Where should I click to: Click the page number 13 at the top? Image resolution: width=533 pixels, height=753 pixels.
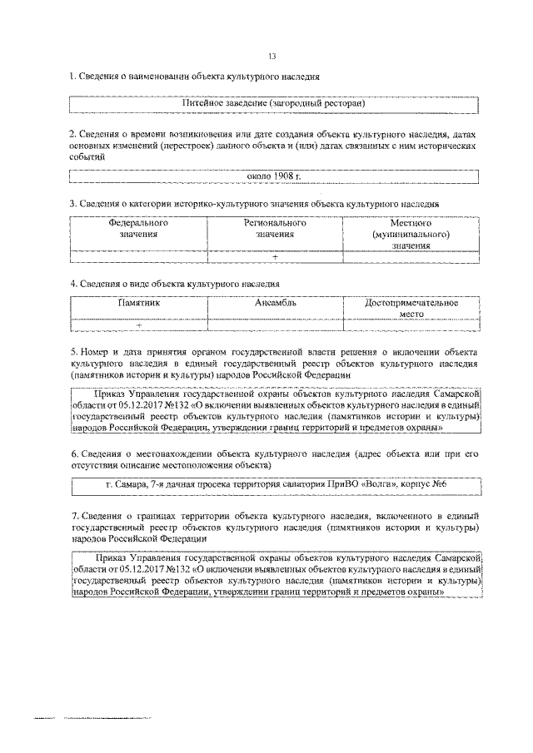point(271,56)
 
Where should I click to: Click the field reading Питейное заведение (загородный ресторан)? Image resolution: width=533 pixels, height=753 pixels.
point(274,102)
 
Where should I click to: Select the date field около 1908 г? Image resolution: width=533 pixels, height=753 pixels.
point(274,176)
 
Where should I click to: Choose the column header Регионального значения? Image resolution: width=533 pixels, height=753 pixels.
point(275,229)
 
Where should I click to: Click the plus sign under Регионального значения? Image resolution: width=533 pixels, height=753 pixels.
point(275,256)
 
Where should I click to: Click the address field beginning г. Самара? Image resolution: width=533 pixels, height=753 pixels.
point(274,484)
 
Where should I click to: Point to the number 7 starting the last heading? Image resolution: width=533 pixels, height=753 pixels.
point(72,517)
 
